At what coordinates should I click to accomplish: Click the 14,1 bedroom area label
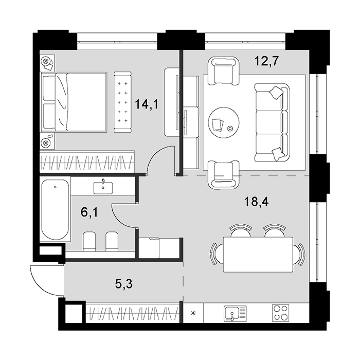coord(147,104)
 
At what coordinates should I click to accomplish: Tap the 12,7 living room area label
coord(266,61)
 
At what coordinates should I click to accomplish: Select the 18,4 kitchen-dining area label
coord(256,202)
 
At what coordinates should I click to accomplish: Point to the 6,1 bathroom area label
coord(89,212)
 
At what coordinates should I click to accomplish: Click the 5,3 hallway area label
coord(124,284)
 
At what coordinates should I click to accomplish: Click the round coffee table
coord(224,122)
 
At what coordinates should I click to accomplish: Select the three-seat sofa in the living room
coord(272,122)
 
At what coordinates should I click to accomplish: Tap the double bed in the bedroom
coord(74,102)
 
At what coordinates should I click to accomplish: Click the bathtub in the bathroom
coord(55,209)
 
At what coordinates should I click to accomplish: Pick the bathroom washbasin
coord(103,187)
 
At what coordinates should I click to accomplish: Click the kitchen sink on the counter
coord(235,313)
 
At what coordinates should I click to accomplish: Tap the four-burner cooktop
coord(281,313)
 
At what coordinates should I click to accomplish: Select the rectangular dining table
coord(258,255)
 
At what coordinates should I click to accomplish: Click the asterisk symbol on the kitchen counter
coord(193,313)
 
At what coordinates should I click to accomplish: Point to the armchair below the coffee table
coord(224,174)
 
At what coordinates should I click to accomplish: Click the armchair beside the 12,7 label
coord(223,71)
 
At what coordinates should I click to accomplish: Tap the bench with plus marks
coord(123,102)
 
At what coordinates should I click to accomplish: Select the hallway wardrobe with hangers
coord(133,313)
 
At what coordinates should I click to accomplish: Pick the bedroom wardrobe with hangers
coord(87,161)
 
